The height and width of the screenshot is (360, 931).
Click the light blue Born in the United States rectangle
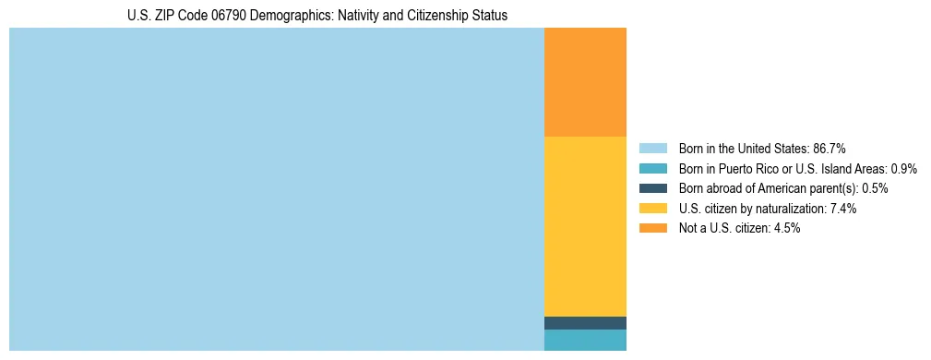277,189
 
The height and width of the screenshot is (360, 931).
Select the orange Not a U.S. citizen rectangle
585,82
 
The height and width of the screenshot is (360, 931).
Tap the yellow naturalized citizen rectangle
585,226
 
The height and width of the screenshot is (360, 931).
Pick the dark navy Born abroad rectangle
585,323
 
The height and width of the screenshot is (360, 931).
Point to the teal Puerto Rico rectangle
585,340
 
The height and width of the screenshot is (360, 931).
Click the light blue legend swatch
653,149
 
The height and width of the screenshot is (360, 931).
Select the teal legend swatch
653,169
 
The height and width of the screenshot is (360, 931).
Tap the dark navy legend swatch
653,188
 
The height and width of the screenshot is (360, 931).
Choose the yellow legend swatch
653,209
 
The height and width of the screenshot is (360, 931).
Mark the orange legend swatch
653,228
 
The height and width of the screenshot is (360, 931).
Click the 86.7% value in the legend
830,149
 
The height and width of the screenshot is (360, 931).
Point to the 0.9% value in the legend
903,169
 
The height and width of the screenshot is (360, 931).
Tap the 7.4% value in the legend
843,209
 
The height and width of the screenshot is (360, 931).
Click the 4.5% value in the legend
787,228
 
